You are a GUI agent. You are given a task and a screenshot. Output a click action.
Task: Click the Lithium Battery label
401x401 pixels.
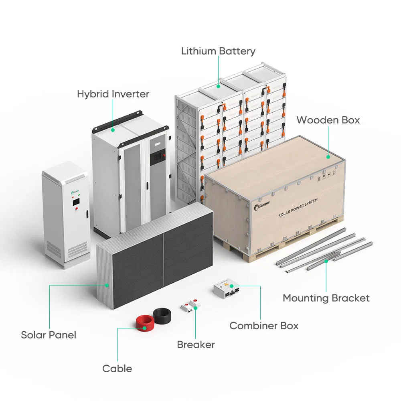click(x=218, y=51)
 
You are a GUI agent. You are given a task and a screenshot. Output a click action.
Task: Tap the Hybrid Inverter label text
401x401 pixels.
click(x=113, y=94)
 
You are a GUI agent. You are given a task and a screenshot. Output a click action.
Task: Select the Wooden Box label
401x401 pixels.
click(x=328, y=120)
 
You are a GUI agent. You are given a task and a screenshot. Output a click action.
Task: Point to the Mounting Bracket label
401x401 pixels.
click(x=326, y=298)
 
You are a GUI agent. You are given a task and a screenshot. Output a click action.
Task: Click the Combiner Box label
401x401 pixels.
click(x=264, y=326)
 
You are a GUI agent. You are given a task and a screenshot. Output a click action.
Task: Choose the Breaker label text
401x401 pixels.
click(x=196, y=344)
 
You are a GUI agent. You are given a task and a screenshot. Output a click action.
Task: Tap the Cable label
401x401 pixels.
click(x=117, y=369)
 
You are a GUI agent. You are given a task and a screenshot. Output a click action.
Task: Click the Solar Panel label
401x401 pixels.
click(x=49, y=335)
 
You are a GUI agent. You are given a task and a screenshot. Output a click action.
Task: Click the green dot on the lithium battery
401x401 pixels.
click(x=219, y=85)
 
